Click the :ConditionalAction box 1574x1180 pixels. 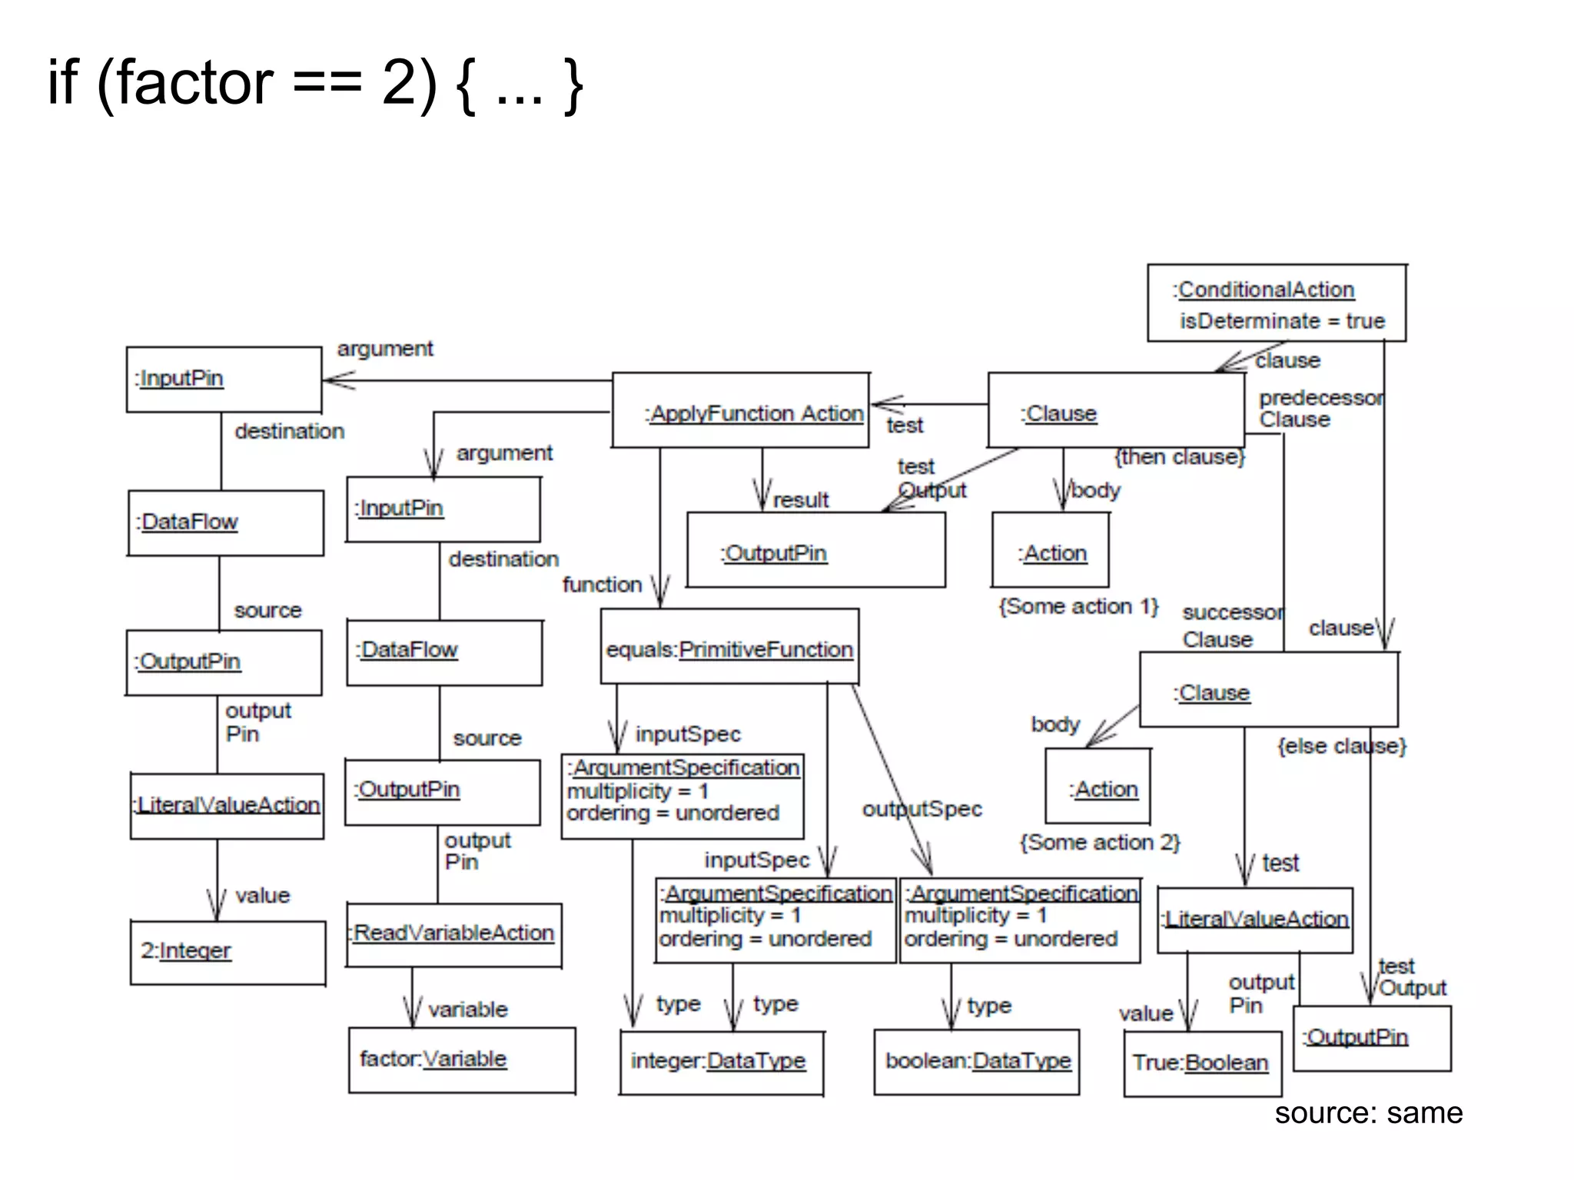pos(1276,303)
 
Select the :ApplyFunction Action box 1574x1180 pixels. pos(741,411)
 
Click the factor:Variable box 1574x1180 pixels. pos(461,1060)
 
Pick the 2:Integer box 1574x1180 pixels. pos(227,953)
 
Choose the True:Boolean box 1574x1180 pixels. pos(1202,1063)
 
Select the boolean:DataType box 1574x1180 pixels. pos(977,1062)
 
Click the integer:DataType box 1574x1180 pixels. pos(721,1062)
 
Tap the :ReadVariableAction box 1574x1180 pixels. pos(453,933)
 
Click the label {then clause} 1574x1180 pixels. pos(1180,457)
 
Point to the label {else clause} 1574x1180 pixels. pos(1342,746)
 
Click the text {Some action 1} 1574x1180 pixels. pos(1078,607)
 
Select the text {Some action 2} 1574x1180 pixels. pos(1100,843)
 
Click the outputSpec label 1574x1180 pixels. pos(921,809)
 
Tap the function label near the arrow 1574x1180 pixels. pos(602,585)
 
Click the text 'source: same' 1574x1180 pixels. pos(1368,1113)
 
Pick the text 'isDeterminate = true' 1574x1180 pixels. pos(1282,321)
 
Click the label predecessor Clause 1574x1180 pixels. pos(1319,409)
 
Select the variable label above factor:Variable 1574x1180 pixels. pos(467,1009)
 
